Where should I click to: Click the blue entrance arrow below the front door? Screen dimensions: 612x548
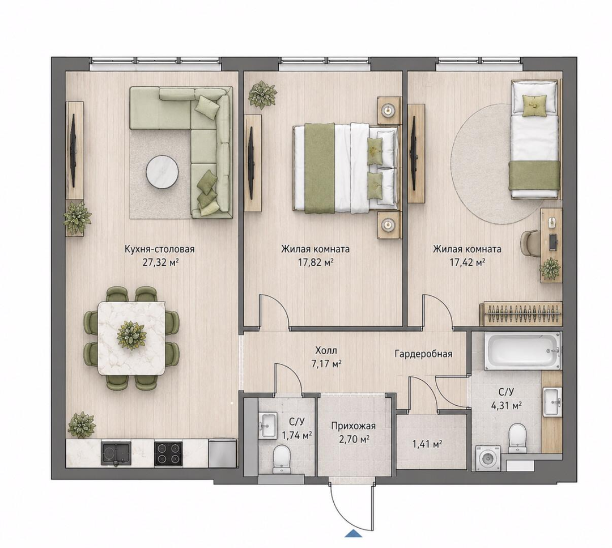(354, 534)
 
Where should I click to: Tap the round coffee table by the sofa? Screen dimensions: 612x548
(163, 172)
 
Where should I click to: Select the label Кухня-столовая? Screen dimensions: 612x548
(159, 249)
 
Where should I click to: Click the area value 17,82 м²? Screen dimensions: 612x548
(316, 262)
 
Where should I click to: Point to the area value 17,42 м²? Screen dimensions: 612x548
(467, 262)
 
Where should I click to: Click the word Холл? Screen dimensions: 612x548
(326, 351)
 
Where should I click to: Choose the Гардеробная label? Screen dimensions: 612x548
(423, 354)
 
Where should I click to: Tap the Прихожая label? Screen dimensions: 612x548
(353, 426)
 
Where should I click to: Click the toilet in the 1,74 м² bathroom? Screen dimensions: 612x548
(280, 459)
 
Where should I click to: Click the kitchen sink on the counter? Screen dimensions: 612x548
(116, 453)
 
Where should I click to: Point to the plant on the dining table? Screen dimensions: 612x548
(132, 335)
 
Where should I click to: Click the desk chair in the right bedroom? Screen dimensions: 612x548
(530, 243)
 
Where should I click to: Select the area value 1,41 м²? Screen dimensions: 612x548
(427, 444)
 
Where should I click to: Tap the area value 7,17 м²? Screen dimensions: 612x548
(327, 364)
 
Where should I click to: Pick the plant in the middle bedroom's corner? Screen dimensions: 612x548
(263, 94)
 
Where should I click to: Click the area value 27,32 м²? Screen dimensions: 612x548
(160, 262)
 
